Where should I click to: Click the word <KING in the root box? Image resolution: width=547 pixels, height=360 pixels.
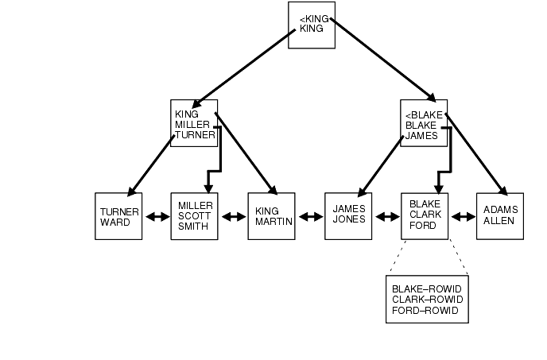[314, 18]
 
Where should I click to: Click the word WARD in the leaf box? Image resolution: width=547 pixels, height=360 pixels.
[115, 222]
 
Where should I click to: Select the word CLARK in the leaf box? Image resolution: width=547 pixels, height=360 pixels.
[423, 215]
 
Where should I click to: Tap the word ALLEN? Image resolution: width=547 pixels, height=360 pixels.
[499, 220]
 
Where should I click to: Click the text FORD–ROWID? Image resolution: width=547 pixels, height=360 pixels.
[425, 310]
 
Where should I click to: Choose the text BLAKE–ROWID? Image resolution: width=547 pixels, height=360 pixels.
[427, 288]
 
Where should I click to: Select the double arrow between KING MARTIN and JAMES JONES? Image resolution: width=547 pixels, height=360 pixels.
[309, 216]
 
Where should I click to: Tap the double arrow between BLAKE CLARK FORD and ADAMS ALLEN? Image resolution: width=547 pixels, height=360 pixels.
[462, 216]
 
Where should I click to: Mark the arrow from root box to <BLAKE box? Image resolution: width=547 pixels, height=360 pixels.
[382, 60]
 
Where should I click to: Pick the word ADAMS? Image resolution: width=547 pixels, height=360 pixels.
[500, 210]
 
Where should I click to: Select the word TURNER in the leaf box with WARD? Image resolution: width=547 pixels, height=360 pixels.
[119, 212]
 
